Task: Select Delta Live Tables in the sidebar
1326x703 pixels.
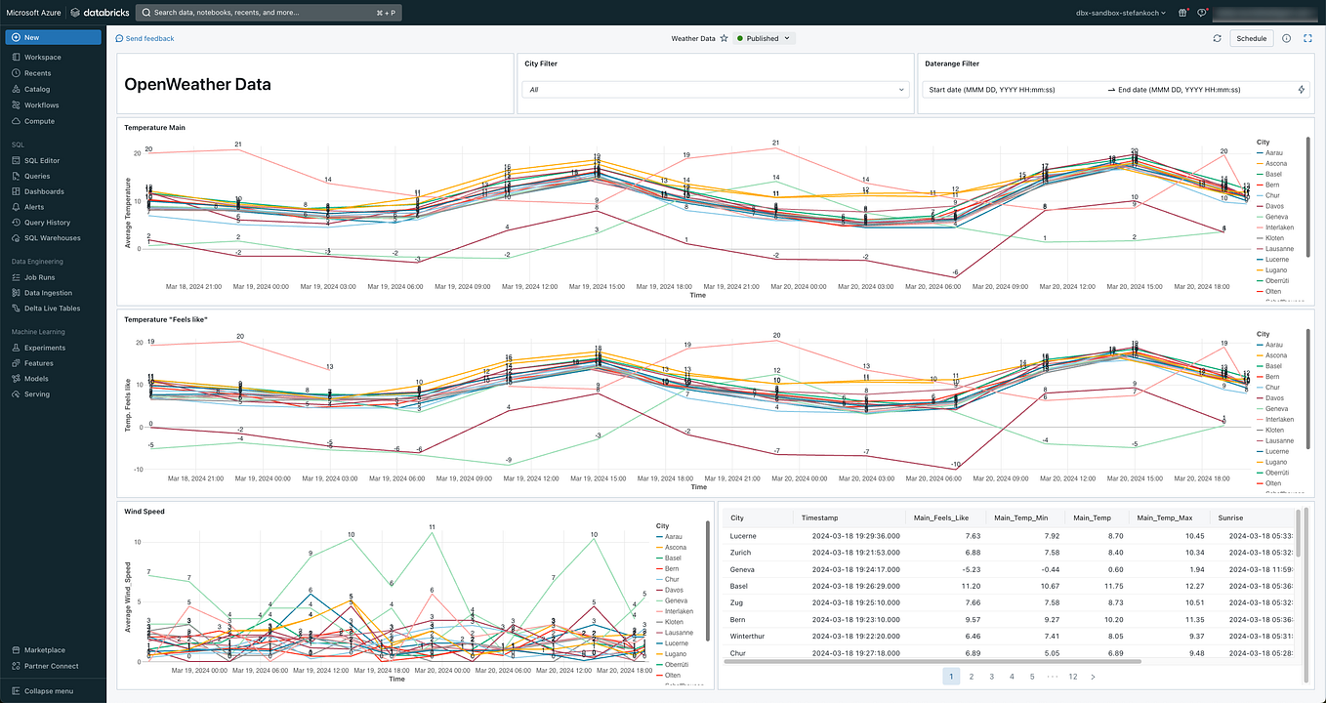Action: click(52, 308)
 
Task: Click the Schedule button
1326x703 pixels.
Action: click(1251, 39)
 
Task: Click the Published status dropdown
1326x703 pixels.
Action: click(765, 39)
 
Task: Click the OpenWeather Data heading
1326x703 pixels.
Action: click(197, 84)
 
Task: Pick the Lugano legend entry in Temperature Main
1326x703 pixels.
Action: click(1275, 269)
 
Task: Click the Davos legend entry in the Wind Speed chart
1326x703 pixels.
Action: click(673, 590)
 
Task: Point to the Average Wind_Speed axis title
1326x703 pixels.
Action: click(127, 596)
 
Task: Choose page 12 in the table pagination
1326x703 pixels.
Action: click(1072, 676)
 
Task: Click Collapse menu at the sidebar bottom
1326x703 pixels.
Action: click(48, 690)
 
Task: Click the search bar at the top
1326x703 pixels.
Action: click(268, 13)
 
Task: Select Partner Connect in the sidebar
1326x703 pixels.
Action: click(51, 666)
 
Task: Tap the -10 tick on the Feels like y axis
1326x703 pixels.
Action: click(139, 470)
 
